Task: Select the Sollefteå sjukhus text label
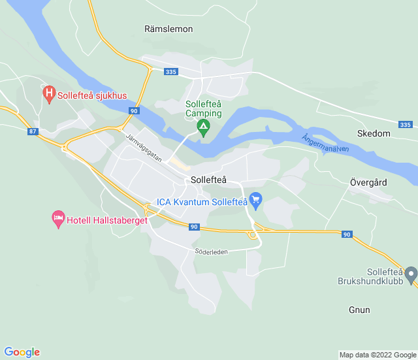click(92, 95)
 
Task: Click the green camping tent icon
click(204, 127)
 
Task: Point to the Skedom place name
click(374, 133)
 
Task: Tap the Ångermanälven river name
click(325, 144)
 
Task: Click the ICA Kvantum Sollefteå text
click(201, 203)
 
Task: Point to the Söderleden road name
click(210, 252)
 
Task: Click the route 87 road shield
click(33, 131)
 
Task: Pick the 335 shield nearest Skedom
click(405, 125)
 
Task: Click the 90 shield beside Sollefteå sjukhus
click(133, 111)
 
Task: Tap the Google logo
click(22, 352)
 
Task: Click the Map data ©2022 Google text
click(377, 355)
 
